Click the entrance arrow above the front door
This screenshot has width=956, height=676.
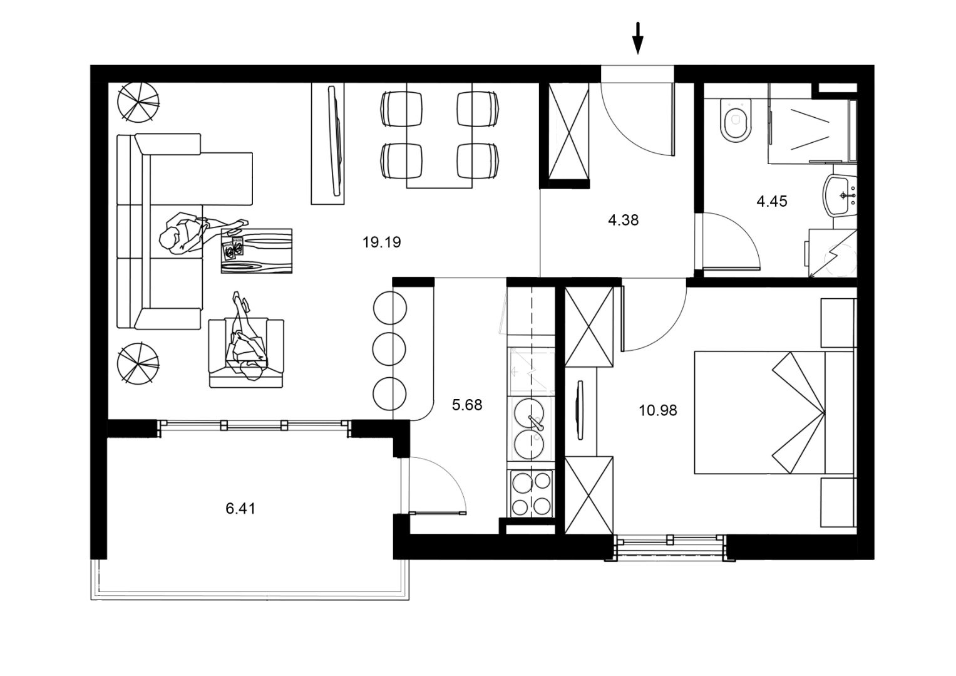coord(637,38)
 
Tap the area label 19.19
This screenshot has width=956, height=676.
coord(381,242)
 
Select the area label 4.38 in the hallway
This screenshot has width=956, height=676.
coord(623,221)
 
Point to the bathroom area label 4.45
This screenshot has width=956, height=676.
coord(772,201)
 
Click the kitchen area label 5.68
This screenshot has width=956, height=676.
coord(467,405)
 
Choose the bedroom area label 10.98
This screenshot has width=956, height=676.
coord(657,410)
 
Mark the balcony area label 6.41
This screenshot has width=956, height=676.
coord(240,509)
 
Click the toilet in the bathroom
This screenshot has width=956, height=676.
coord(735,120)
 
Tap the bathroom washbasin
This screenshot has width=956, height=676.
coord(839,196)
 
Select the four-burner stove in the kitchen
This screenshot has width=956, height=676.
coord(531,494)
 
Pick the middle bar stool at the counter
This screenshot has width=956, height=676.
coord(389,350)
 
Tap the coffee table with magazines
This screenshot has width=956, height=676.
coord(257,251)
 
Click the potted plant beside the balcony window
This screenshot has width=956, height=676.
coord(138,363)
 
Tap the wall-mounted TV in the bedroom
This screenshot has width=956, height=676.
coord(580,410)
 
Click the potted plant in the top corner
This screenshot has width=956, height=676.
coord(139,102)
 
